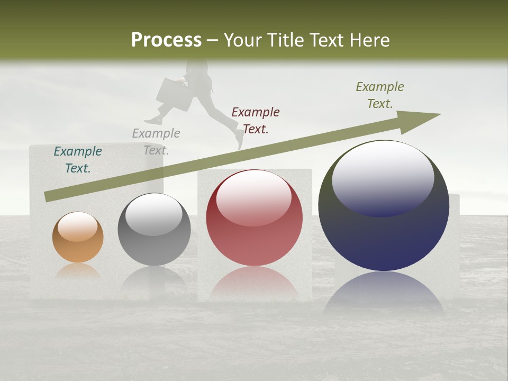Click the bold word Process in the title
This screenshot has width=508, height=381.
coord(166,40)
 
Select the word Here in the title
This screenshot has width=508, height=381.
coord(369,40)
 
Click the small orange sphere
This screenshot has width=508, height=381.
coord(78,238)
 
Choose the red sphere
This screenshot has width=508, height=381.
coord(255,218)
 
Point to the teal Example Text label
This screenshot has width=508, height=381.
coord(78,159)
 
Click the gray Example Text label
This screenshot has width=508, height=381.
coord(156,141)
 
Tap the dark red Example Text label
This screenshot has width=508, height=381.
coord(256,120)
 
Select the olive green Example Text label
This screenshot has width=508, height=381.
coord(380,95)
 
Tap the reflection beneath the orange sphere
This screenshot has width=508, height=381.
coord(78,271)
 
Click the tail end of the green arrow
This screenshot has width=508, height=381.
coord(47,197)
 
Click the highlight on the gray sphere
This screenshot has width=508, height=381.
coord(153,214)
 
